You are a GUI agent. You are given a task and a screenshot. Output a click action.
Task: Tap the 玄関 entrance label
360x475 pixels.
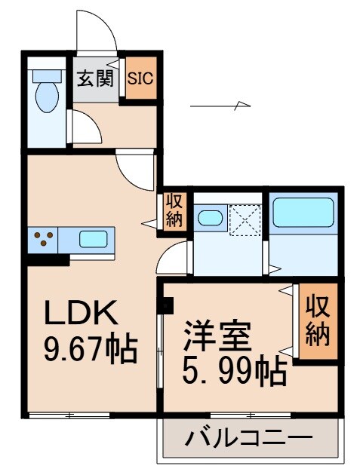[94, 77]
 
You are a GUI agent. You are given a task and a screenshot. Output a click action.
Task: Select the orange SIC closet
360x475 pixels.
[140, 78]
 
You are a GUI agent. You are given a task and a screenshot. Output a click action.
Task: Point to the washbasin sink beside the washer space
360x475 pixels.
[209, 219]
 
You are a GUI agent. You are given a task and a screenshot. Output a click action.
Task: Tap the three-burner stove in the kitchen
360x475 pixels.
[43, 241]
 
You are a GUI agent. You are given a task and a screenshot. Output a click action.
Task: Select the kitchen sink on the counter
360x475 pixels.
[94, 241]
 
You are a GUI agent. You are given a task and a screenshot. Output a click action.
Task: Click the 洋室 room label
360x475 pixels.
[217, 336]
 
